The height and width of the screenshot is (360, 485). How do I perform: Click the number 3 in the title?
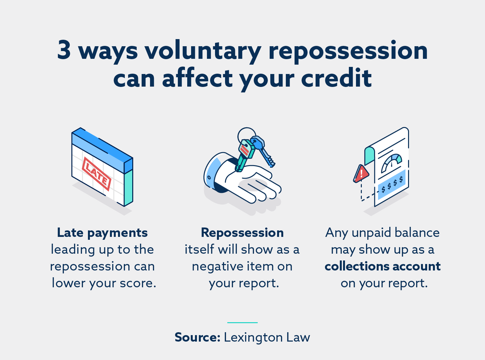(x=64, y=50)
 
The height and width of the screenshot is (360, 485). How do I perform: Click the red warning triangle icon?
(x=361, y=174)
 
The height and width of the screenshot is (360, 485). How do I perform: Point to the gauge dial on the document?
(x=392, y=163)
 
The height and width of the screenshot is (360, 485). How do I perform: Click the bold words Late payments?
(x=102, y=233)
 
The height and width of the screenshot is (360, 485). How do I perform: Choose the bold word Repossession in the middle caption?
(x=242, y=233)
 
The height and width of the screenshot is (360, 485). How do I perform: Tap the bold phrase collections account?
(x=383, y=266)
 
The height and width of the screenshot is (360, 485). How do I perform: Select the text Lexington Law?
(x=267, y=337)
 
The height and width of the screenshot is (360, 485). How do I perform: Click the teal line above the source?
(x=242, y=323)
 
